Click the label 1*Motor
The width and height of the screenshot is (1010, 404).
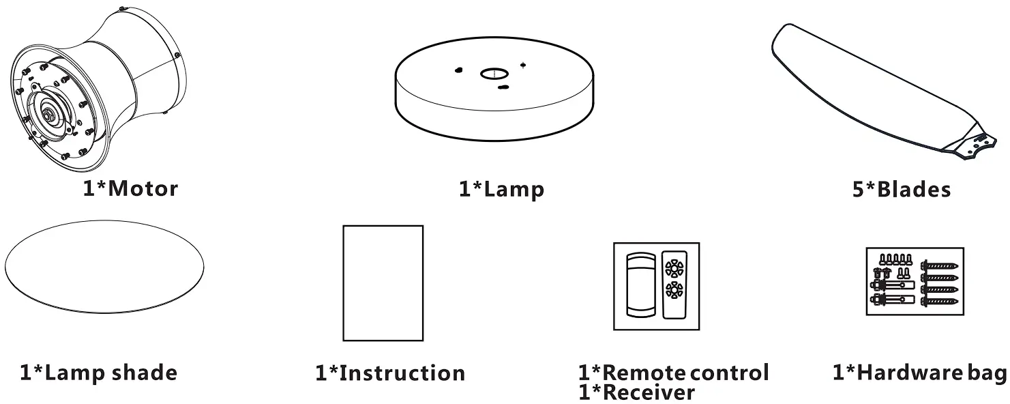(x=130, y=188)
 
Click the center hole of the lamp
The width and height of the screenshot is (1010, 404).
(x=494, y=74)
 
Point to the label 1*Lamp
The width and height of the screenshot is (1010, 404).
(x=501, y=189)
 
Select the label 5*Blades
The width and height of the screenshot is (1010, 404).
(x=902, y=189)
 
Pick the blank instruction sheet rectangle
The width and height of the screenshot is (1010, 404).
(x=383, y=283)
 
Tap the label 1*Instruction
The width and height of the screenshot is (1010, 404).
(x=390, y=373)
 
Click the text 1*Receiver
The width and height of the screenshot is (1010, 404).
(x=637, y=393)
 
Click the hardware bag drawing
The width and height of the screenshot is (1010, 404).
(x=915, y=281)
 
